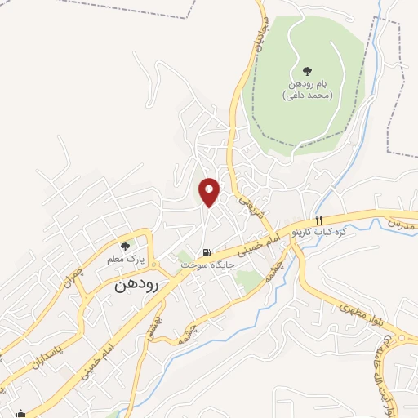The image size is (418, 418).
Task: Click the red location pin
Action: [210, 192]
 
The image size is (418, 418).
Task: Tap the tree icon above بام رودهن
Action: [307, 71]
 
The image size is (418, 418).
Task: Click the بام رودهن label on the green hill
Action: [308, 85]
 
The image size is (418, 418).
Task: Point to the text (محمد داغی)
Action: [308, 96]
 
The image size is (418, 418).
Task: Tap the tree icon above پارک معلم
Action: [125, 246]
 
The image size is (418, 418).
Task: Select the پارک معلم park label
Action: [125, 259]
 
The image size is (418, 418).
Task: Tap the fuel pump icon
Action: [208, 251]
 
